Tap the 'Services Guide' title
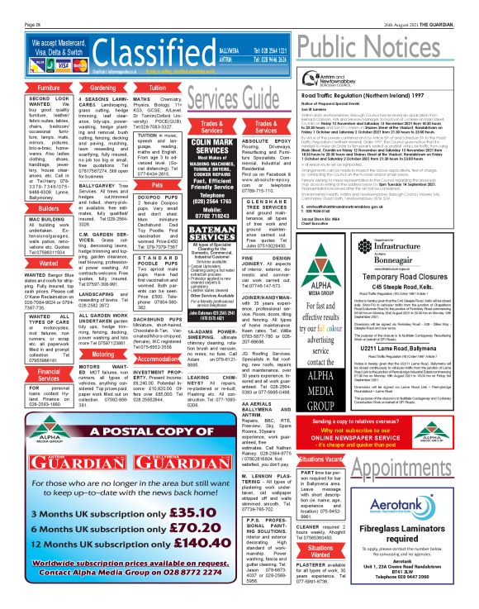click(221, 100)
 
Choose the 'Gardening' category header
click(102, 87)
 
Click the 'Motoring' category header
click(102, 352)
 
